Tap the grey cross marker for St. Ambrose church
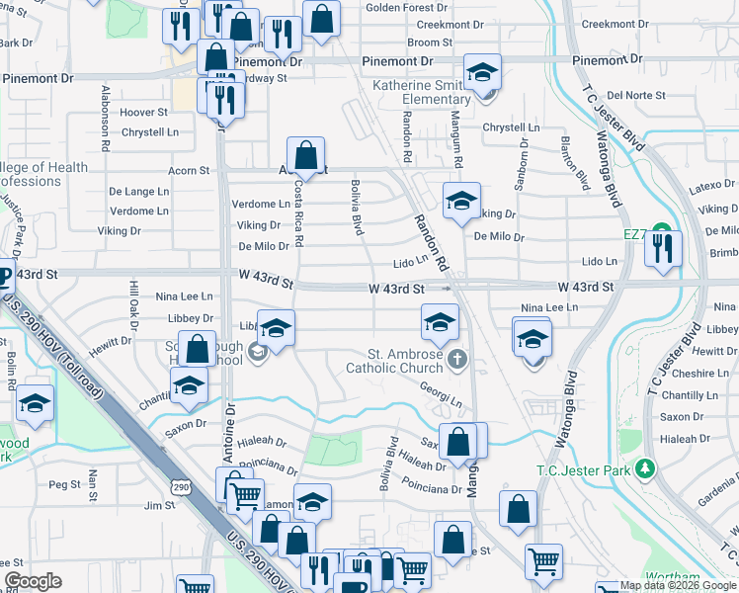[x=456, y=358]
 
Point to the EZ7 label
[x=634, y=234]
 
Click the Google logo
[x=33, y=581]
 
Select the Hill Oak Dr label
[x=133, y=301]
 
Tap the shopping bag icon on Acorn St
[x=306, y=155]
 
